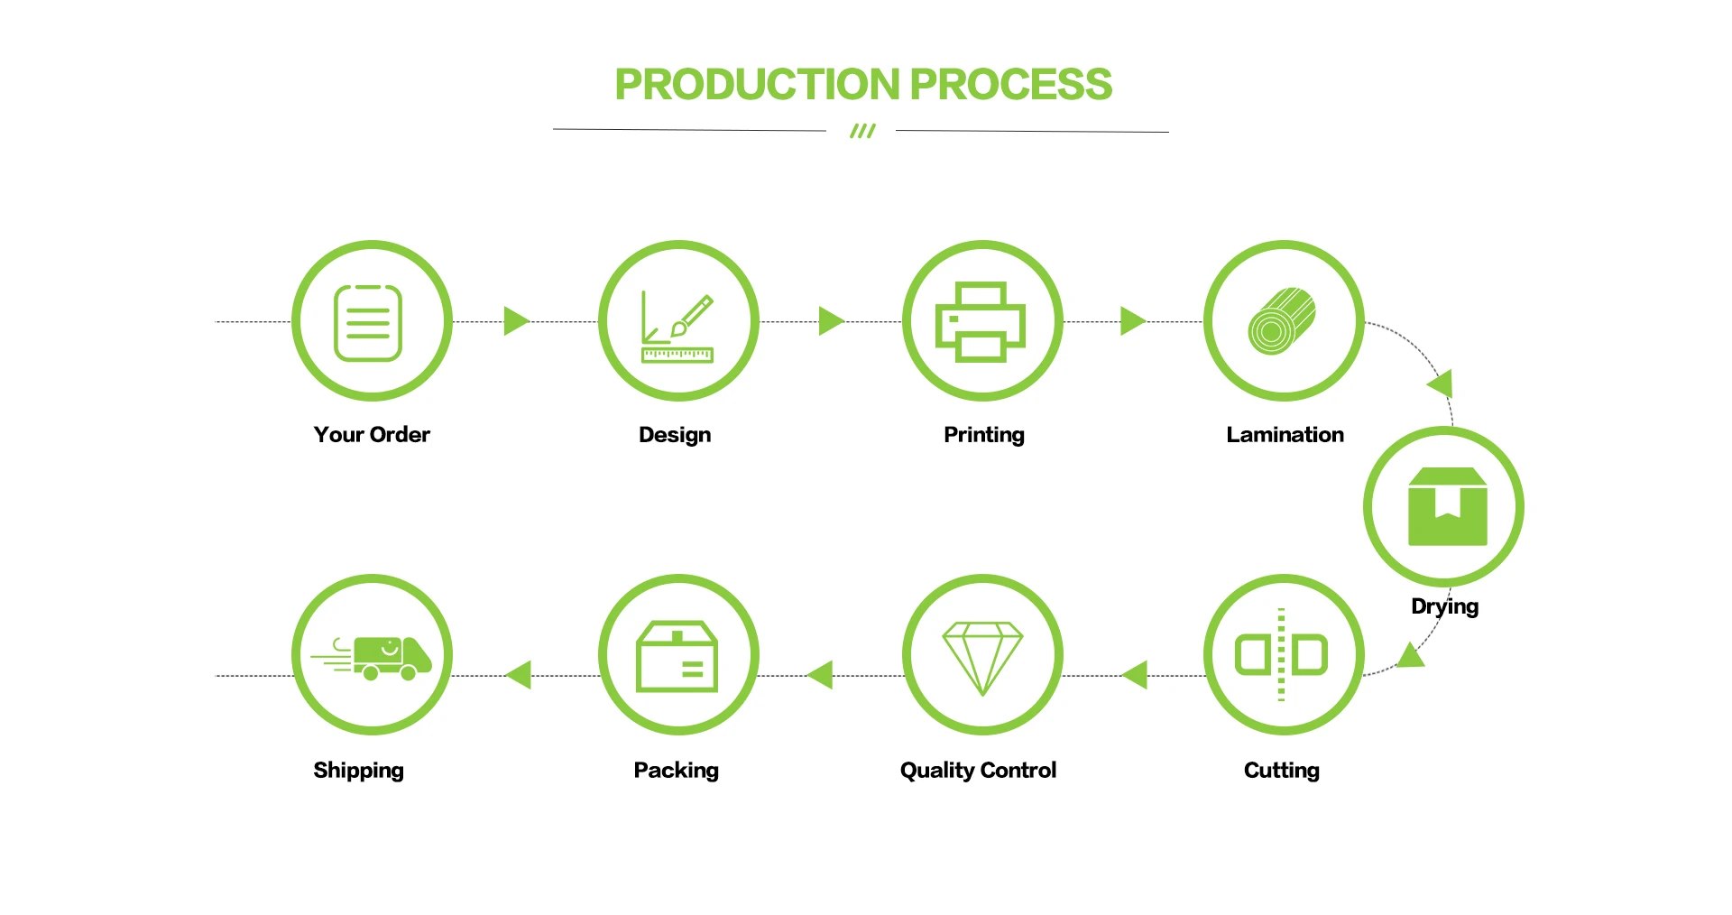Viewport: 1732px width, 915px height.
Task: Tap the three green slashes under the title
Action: pyautogui.click(x=862, y=132)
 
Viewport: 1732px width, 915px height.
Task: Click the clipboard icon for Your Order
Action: pyautogui.click(x=368, y=322)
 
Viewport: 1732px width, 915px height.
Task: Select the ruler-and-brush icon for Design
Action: pyautogui.click(x=677, y=327)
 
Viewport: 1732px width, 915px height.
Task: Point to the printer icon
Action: pyautogui.click(x=981, y=322)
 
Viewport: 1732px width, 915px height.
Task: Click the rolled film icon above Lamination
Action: pyautogui.click(x=1282, y=321)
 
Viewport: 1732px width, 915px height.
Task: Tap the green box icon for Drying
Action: pyautogui.click(x=1447, y=506)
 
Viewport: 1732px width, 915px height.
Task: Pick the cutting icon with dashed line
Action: pyautogui.click(x=1282, y=655)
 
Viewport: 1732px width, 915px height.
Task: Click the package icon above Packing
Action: pyautogui.click(x=677, y=656)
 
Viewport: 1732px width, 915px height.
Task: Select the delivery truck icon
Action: pyautogui.click(x=373, y=657)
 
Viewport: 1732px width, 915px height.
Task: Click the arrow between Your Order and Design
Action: pyautogui.click(x=516, y=320)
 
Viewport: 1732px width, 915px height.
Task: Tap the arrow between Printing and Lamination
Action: pyautogui.click(x=1132, y=320)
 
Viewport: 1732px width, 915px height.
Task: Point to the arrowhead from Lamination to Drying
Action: pyautogui.click(x=1442, y=384)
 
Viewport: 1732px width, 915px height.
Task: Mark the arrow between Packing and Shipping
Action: pyautogui.click(x=520, y=674)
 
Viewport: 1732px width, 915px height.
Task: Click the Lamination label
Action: pyautogui.click(x=1285, y=435)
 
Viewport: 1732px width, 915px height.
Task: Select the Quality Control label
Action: pyautogui.click(x=978, y=771)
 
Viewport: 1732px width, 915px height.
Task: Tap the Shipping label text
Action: pyautogui.click(x=358, y=771)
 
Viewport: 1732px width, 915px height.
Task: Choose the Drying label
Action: pyautogui.click(x=1444, y=606)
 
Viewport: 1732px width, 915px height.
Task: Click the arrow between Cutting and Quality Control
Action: pyautogui.click(x=1135, y=674)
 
